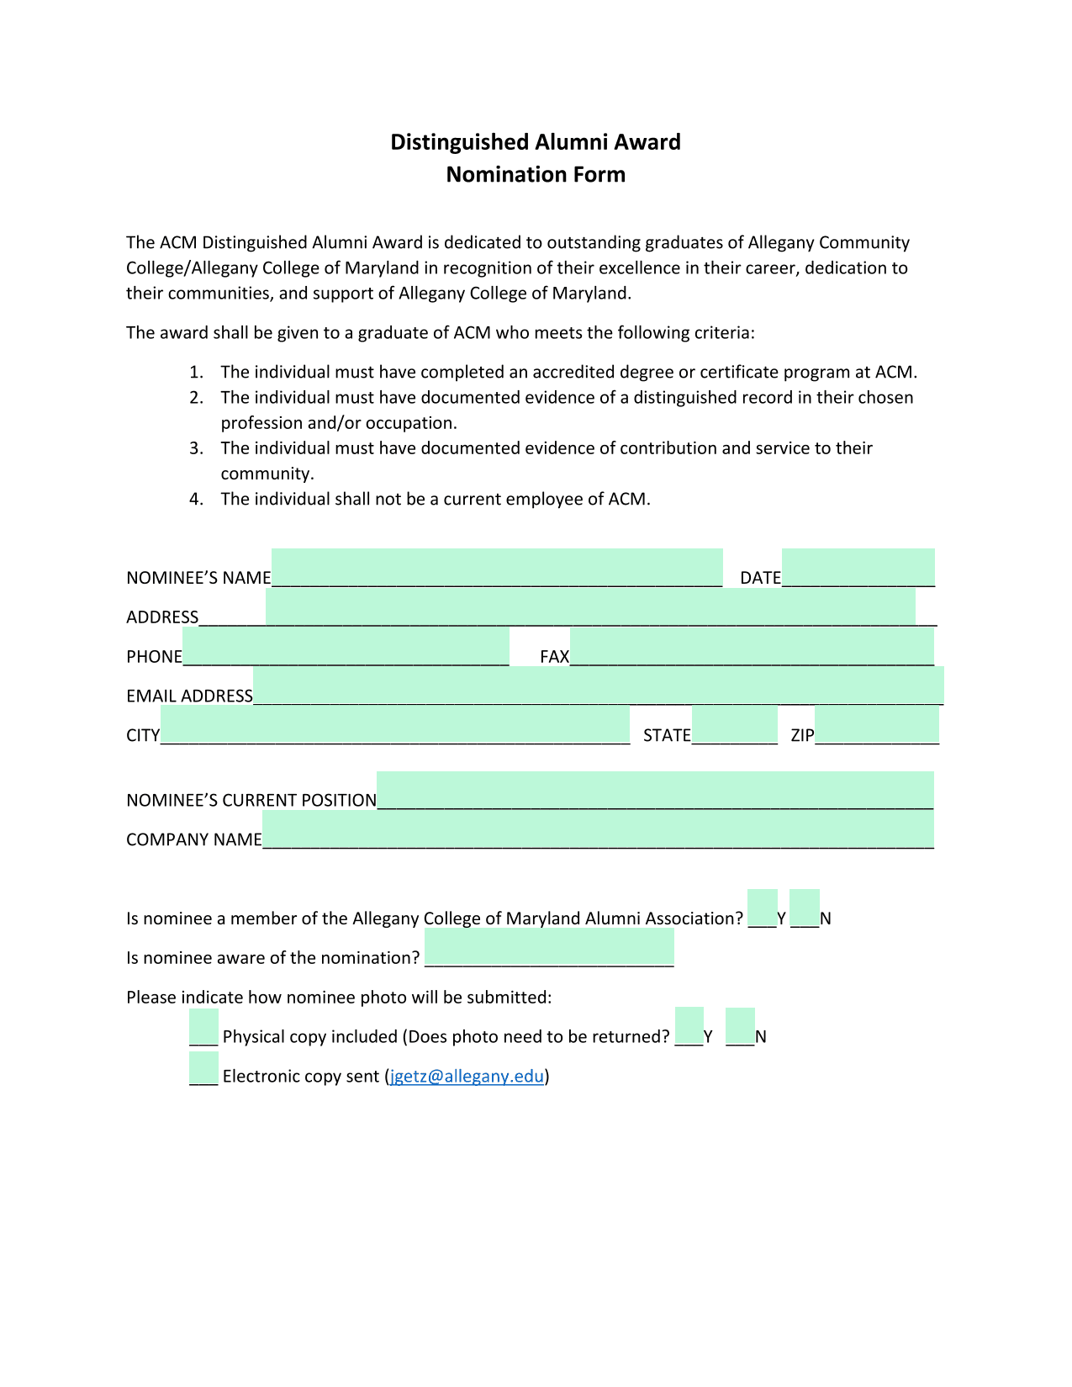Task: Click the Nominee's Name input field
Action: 496,568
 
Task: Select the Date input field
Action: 858,568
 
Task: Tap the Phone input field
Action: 346,647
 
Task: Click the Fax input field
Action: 752,647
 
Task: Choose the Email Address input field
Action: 598,686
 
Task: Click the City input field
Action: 395,725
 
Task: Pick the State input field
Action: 734,725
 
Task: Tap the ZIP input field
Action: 876,725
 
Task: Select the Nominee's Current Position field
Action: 655,790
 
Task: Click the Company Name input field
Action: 598,829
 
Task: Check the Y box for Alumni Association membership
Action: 762,908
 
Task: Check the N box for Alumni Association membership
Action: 805,908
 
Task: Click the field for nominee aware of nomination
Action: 549,947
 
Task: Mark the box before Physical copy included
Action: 203,1027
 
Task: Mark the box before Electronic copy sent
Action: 203,1067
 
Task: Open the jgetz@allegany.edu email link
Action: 467,1077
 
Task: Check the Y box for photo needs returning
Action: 689,1025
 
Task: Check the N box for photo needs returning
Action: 740,1025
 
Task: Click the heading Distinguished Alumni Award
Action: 536,142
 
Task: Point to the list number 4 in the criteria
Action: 196,499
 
